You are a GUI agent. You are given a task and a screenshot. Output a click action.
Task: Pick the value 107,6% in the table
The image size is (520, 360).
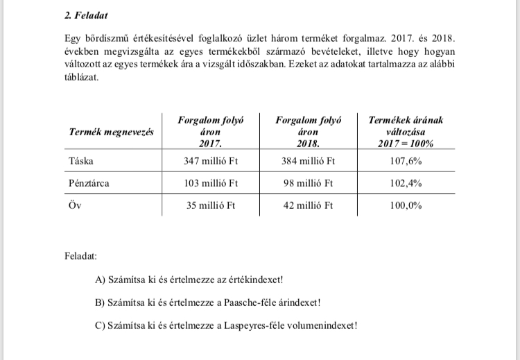coord(406,161)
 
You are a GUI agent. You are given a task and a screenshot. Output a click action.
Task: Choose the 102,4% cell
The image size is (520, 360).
coord(406,184)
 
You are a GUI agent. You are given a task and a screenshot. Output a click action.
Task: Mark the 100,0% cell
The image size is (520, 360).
coord(406,206)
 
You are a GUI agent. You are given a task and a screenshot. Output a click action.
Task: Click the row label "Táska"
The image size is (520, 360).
coord(82,161)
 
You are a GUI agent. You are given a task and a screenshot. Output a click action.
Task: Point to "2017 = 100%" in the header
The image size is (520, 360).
coord(406,144)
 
